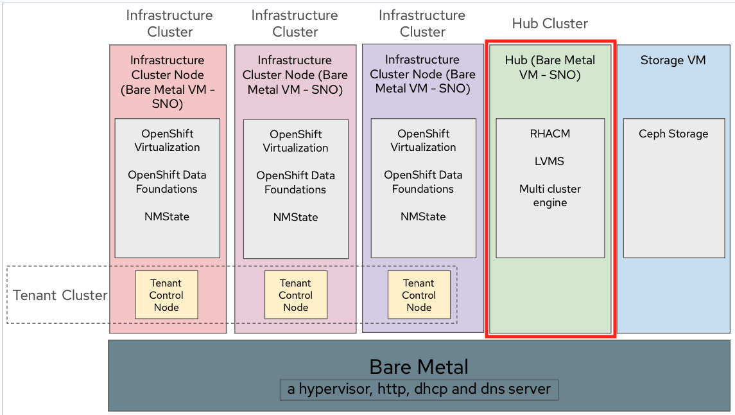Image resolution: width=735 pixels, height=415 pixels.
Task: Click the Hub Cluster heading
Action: (549, 24)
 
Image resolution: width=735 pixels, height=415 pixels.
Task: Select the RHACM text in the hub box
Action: (549, 134)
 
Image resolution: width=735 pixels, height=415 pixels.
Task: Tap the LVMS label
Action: (549, 161)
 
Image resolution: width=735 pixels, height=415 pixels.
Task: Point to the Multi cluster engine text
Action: (549, 196)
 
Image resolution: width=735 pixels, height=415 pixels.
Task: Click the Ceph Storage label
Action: (673, 134)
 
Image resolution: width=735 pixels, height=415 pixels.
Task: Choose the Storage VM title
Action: (673, 60)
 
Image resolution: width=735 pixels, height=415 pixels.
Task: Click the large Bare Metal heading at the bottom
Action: (419, 367)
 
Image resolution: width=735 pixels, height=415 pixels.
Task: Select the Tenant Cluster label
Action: (60, 296)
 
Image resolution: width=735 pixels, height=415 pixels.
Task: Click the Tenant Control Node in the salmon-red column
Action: (166, 295)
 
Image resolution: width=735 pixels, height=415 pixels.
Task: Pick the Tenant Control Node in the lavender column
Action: (419, 295)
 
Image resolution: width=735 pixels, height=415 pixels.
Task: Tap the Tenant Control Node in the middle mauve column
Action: (295, 295)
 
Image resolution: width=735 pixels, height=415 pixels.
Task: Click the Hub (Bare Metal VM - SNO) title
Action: (549, 67)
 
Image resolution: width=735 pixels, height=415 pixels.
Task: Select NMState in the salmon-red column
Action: (167, 216)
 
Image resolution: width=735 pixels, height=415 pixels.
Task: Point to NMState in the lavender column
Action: (423, 217)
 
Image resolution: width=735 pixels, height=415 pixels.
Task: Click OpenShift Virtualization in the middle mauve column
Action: (295, 141)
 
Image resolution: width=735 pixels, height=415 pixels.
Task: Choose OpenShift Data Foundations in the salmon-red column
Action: (167, 182)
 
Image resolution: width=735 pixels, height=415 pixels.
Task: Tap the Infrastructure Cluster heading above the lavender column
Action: (422, 23)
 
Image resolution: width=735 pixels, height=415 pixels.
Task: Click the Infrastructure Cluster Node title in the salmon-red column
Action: (167, 82)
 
